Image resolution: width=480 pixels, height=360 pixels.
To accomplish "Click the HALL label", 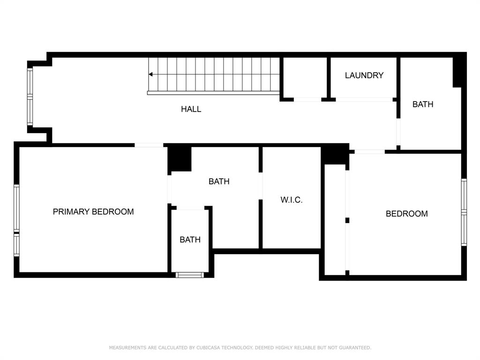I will (191, 109).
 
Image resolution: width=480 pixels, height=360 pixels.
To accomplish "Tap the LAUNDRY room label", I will (364, 75).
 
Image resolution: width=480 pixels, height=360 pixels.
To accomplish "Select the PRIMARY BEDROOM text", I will (93, 212).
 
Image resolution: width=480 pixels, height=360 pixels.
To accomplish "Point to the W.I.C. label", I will (291, 200).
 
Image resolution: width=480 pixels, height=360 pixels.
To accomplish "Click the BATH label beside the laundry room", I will (422, 105).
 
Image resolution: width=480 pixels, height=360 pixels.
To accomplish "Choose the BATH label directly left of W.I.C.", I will (219, 181).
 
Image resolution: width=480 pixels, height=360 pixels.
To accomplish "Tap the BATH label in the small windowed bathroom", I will (190, 240).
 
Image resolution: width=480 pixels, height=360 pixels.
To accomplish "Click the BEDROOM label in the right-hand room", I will (406, 214).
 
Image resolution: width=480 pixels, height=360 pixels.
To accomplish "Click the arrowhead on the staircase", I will (151, 74).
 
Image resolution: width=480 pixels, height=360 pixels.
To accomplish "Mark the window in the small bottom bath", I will (190, 275).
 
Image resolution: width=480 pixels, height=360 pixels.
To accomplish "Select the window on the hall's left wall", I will (30, 97).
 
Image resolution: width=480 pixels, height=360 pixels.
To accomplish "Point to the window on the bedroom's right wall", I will (464, 212).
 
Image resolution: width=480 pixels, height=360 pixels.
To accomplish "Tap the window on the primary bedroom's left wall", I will (16, 220).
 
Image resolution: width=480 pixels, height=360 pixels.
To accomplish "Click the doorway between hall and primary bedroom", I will (149, 145).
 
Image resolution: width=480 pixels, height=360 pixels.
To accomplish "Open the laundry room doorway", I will (364, 99).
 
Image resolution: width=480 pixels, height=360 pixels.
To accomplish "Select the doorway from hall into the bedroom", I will (369, 151).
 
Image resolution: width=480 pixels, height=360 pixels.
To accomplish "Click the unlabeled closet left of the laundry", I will (305, 77).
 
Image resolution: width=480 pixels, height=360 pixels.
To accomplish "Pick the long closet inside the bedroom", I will (335, 219).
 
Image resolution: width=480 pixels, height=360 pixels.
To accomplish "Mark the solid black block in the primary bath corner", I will (180, 159).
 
